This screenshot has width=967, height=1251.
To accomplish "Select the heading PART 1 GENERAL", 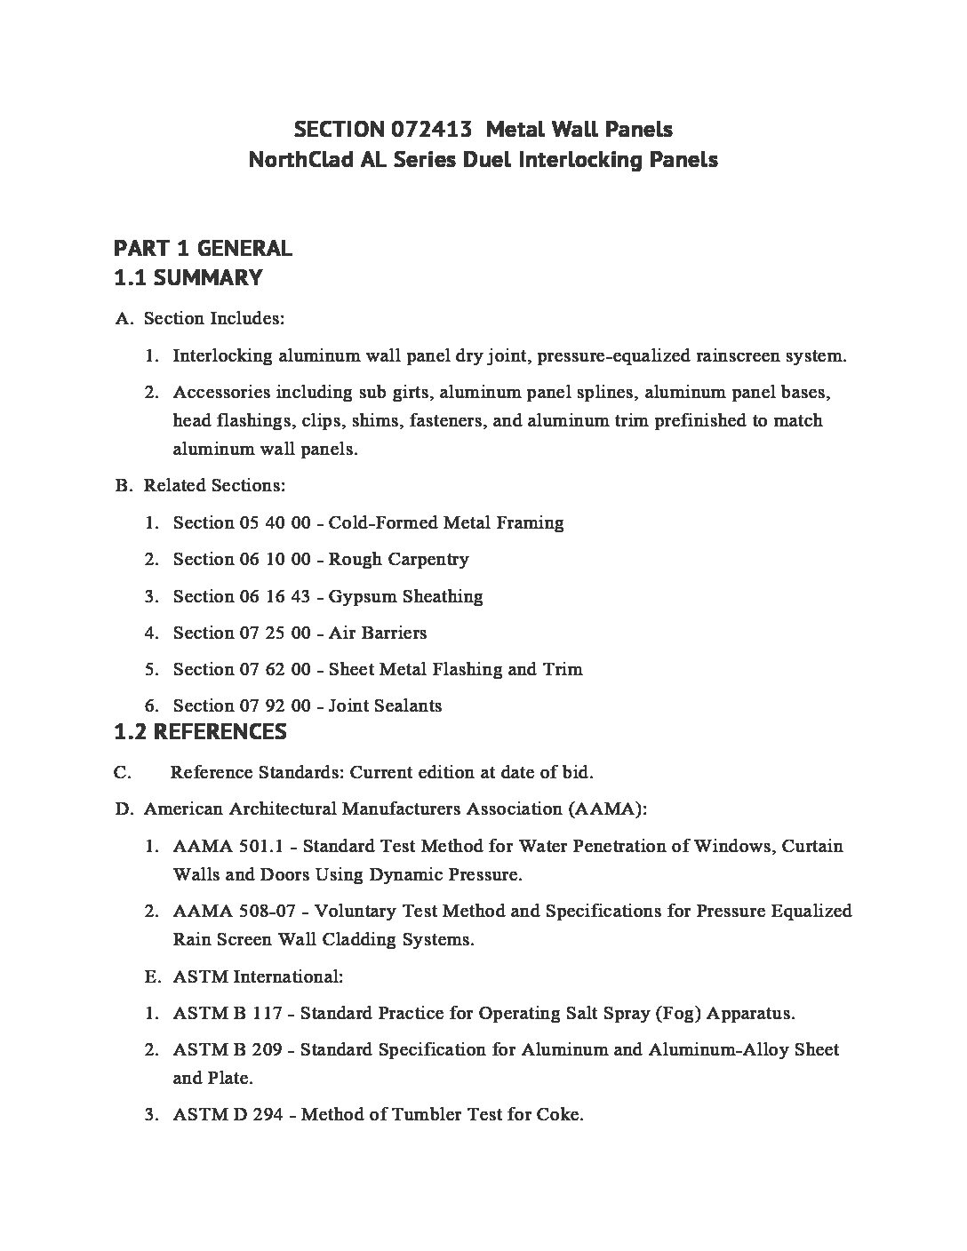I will [203, 248].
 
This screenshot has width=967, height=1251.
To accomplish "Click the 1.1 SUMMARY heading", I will [188, 277].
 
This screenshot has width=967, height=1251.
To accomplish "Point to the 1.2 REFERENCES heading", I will [201, 732].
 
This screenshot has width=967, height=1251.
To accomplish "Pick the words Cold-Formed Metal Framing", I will [446, 522].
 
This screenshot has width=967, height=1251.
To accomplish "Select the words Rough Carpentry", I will [399, 559].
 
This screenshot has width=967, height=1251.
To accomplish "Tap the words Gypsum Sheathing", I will [405, 596].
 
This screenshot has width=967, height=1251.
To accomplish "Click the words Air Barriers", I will [378, 633].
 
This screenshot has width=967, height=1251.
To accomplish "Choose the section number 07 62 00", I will [275, 669].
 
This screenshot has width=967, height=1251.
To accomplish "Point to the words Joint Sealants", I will [385, 705].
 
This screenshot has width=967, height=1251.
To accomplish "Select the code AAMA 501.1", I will [229, 846].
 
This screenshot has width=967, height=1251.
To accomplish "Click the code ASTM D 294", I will [228, 1114].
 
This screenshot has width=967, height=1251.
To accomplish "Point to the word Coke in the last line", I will [559, 1114].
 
